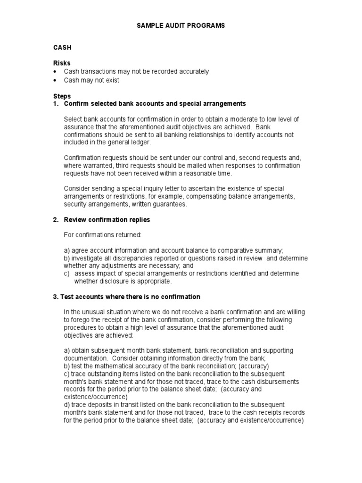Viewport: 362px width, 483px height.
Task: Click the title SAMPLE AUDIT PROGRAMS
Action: pyautogui.click(x=181, y=25)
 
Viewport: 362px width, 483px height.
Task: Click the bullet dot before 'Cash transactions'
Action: pyautogui.click(x=56, y=72)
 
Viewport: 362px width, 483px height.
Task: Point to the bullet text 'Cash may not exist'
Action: pyautogui.click(x=91, y=80)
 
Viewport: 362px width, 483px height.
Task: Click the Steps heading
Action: pyautogui.click(x=62, y=96)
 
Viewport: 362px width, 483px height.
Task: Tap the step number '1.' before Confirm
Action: pyautogui.click(x=56, y=103)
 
